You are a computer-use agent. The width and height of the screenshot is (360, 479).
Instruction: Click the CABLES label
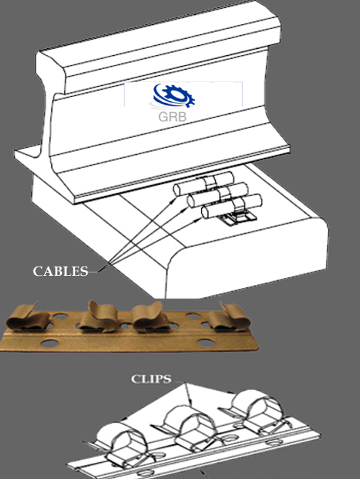[61, 271]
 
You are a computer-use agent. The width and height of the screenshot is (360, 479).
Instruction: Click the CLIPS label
[151, 379]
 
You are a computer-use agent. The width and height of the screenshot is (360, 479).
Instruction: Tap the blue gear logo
[174, 95]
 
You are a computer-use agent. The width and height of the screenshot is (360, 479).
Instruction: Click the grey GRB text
[173, 116]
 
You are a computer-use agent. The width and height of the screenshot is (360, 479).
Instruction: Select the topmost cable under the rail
[204, 184]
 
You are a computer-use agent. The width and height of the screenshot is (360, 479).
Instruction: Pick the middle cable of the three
[217, 195]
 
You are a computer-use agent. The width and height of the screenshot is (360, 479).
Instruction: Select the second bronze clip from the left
[100, 316]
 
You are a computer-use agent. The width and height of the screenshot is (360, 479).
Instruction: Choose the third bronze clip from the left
[150, 317]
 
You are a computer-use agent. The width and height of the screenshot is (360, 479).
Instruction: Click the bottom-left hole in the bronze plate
[49, 343]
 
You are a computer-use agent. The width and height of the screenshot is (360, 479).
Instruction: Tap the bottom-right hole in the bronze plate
[206, 343]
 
